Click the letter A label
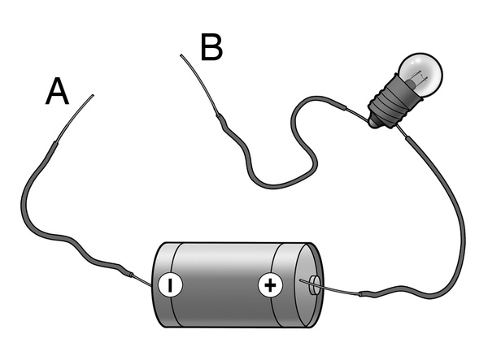tap(56, 92)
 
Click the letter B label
tap(211, 48)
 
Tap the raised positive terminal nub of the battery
tap(314, 285)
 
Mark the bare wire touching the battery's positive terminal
tap(333, 288)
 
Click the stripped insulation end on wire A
tap(54, 146)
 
